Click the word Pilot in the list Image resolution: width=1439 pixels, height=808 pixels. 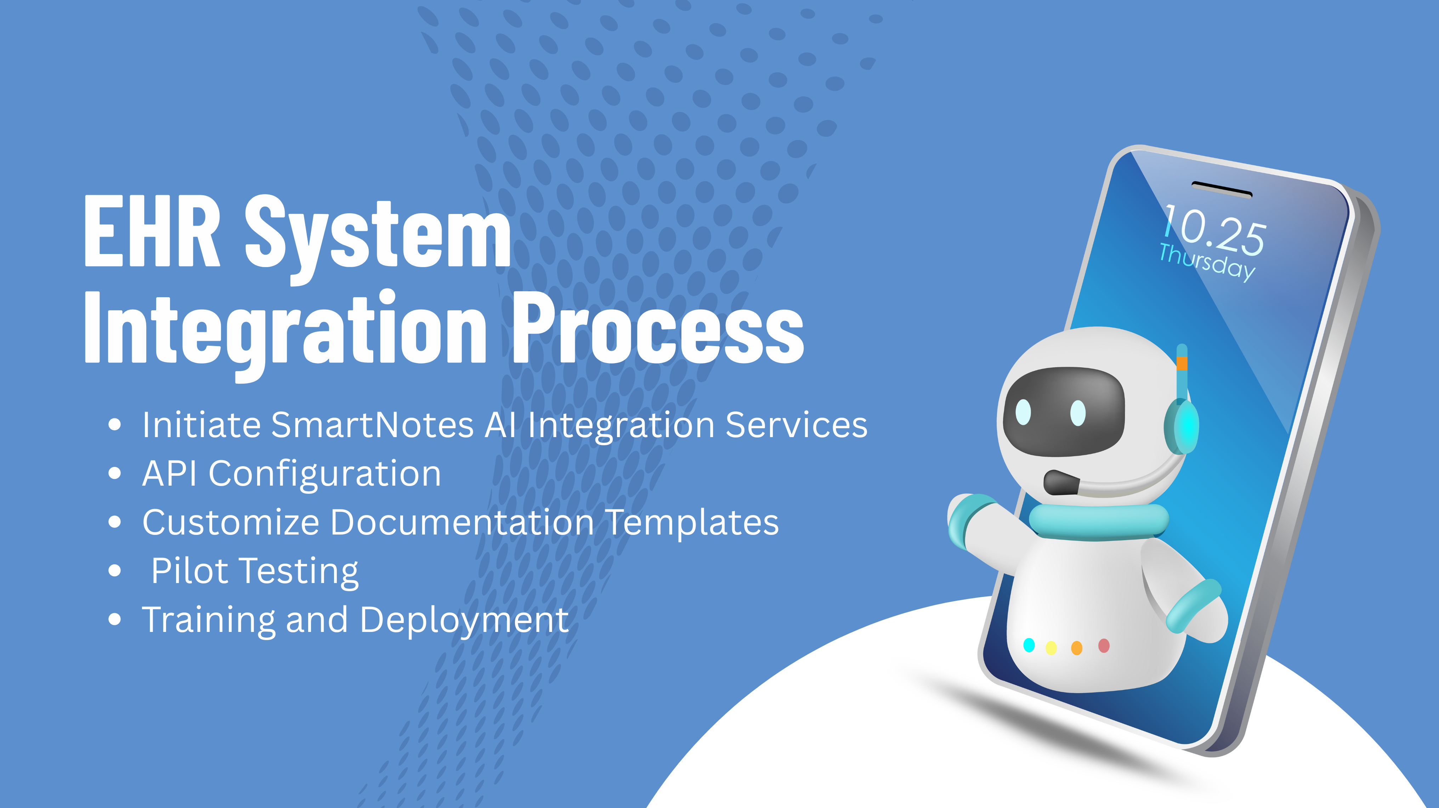pos(189,571)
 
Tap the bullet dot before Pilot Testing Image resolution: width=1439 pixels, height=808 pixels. pos(114,571)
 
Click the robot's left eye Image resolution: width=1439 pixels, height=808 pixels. pos(1024,412)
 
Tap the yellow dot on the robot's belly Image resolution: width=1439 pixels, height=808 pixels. pos(1051,648)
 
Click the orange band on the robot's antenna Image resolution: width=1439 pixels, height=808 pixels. pos(1182,364)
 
